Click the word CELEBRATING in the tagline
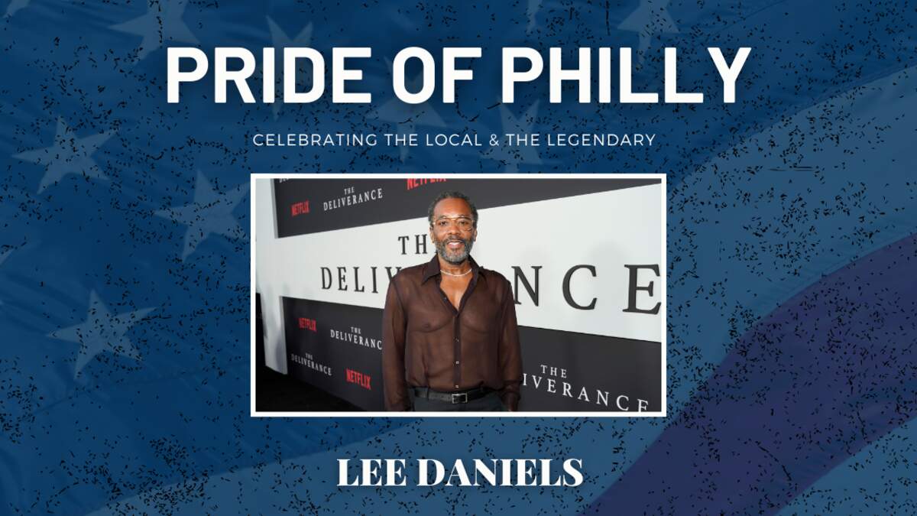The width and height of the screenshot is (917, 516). [x=315, y=140]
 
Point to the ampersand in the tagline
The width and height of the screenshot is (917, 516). [x=494, y=140]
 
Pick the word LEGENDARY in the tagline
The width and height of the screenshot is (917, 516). [x=601, y=140]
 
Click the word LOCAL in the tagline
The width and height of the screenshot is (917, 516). [x=454, y=140]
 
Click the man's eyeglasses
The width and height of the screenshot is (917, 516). [x=453, y=223]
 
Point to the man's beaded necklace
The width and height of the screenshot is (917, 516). [x=455, y=273]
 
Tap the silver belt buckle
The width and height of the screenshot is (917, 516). [x=459, y=398]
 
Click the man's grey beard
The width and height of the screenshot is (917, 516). [x=452, y=251]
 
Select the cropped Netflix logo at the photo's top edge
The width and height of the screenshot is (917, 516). [x=426, y=182]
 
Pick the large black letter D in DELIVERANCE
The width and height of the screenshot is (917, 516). [x=331, y=278]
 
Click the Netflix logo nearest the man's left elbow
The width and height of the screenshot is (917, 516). [x=358, y=379]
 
